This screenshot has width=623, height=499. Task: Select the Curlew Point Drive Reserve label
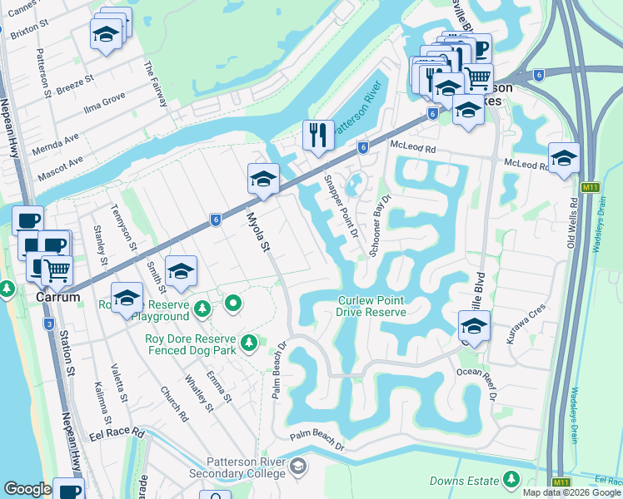pos(371,306)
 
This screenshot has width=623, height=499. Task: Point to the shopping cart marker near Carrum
pos(56,268)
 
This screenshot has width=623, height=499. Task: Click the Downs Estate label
pos(464,481)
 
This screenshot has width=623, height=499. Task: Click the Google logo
pos(27,490)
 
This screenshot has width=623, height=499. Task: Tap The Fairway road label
pos(157,84)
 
